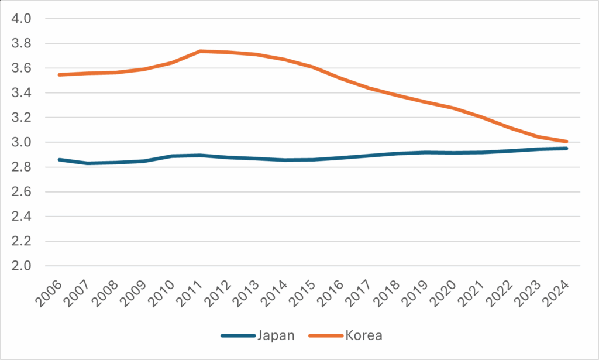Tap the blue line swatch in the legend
coord(237,335)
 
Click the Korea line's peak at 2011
coord(201,51)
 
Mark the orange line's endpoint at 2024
coord(566,142)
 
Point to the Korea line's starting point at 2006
coord(59,75)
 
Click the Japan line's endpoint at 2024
coord(566,148)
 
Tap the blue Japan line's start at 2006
coord(59,159)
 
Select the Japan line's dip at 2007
coord(87,163)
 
